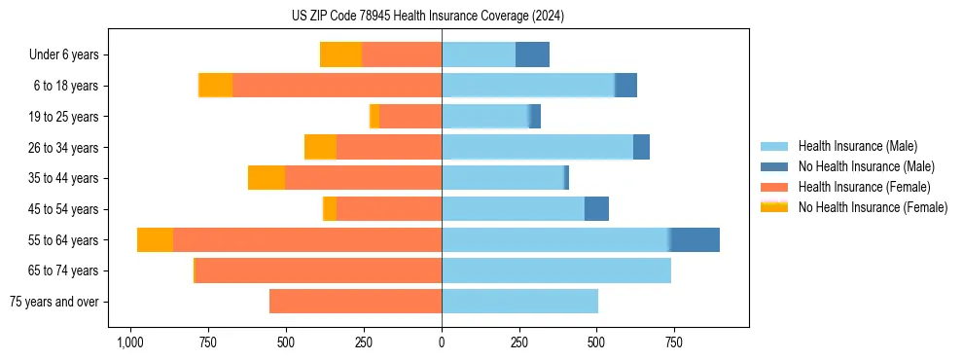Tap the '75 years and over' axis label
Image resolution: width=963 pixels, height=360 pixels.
pyautogui.click(x=53, y=302)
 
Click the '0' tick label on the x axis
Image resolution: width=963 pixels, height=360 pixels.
pyautogui.click(x=442, y=343)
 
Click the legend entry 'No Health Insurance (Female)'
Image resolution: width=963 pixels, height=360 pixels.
pyautogui.click(x=873, y=207)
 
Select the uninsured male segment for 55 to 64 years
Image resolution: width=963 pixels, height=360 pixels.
pyautogui.click(x=695, y=239)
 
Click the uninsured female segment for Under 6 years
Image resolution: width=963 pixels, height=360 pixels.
pyautogui.click(x=340, y=55)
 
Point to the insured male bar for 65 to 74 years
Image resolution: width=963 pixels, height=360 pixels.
pyautogui.click(x=556, y=270)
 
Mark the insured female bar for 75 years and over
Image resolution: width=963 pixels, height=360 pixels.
pyautogui.click(x=355, y=302)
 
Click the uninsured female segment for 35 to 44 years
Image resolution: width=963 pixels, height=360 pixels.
pyautogui.click(x=267, y=178)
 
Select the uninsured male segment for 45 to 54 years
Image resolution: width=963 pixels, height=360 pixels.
pyautogui.click(x=596, y=209)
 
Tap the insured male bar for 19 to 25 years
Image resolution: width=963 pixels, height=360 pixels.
pyautogui.click(x=485, y=117)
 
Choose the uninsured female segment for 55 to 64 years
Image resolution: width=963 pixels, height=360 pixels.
pyautogui.click(x=155, y=239)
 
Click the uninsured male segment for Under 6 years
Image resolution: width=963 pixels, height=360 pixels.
pyautogui.click(x=532, y=55)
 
